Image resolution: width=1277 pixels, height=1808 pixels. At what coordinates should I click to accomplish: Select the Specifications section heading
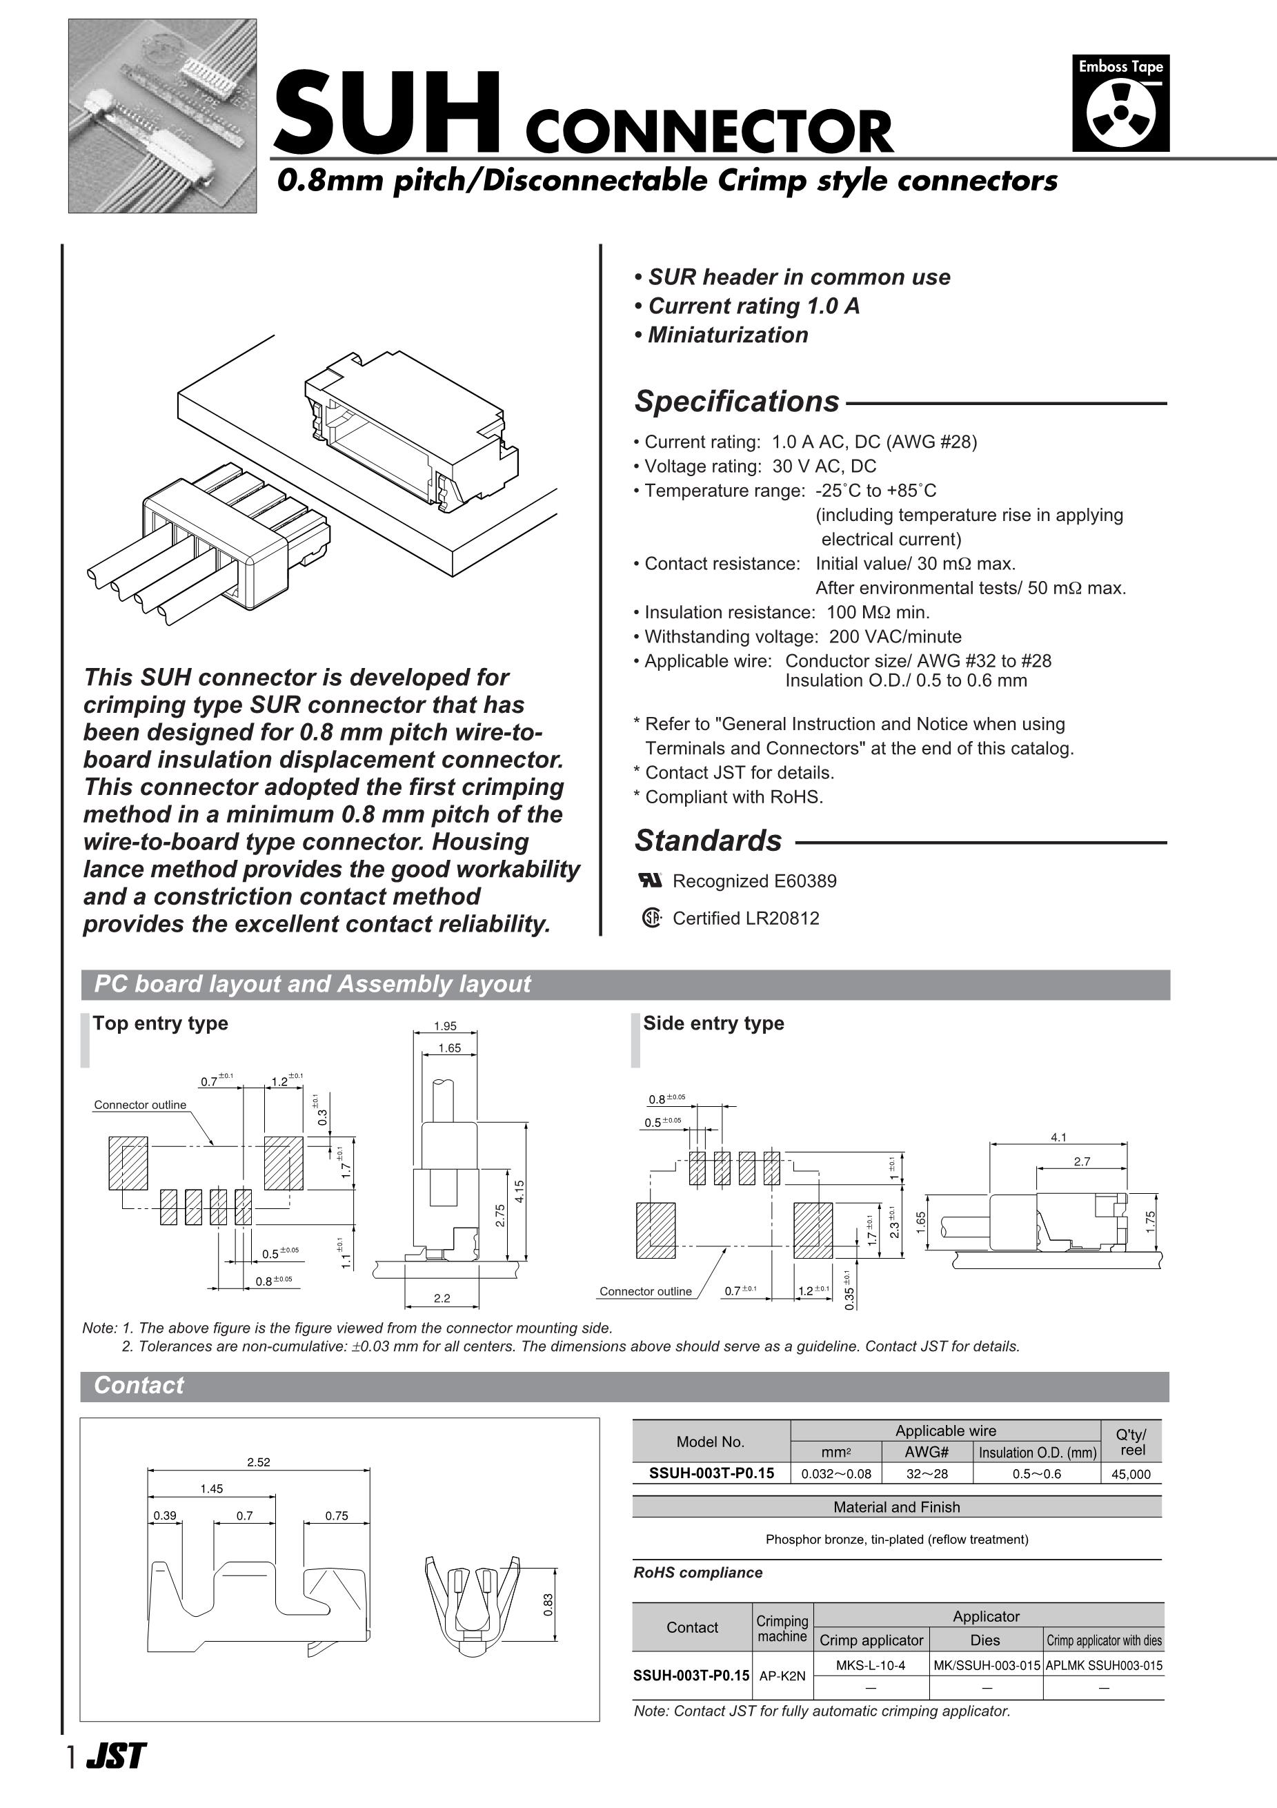tap(737, 402)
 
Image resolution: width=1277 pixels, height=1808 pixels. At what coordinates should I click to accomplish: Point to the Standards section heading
tap(708, 841)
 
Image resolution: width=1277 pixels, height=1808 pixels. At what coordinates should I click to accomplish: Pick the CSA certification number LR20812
tap(784, 918)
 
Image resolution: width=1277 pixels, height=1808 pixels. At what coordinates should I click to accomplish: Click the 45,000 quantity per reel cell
tap(1131, 1474)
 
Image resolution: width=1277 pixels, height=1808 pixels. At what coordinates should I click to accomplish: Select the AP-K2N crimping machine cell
tap(782, 1676)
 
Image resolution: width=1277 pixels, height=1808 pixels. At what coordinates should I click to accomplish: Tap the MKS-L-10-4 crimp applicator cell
tap(871, 1665)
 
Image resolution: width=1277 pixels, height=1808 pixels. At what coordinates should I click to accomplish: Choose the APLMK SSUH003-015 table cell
tap(1104, 1665)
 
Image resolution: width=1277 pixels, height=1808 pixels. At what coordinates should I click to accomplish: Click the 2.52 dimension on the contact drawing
tap(258, 1462)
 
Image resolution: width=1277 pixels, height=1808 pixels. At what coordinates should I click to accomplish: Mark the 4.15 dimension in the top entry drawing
tap(519, 1192)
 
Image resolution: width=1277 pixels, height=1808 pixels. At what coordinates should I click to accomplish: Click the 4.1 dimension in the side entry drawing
tap(1058, 1137)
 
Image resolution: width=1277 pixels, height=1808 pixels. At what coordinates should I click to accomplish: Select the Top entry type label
tap(161, 1023)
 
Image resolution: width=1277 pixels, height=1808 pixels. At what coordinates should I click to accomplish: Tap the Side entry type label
tap(713, 1023)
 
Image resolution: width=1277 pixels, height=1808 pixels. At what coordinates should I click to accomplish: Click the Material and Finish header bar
tap(897, 1507)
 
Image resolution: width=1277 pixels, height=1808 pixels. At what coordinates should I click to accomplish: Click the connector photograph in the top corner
tap(162, 116)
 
